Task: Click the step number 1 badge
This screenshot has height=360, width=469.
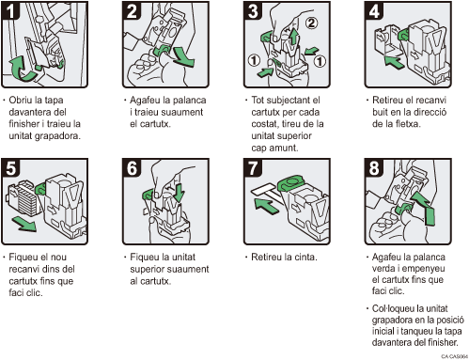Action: coord(10,10)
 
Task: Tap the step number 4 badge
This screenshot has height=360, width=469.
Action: coord(374,10)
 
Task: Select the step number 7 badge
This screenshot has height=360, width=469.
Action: coord(253,167)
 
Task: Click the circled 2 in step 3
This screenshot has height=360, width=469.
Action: coord(311,23)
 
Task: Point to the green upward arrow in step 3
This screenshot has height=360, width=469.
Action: coord(293,36)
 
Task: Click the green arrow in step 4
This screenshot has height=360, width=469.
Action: coord(394,61)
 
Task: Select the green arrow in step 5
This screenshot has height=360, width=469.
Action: coord(24,225)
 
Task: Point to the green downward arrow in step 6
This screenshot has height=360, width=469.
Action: coord(179,193)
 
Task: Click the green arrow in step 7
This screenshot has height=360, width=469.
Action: coord(266,206)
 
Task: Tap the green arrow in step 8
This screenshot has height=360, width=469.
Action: coord(424,208)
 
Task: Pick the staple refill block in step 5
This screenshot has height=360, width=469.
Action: coord(23,198)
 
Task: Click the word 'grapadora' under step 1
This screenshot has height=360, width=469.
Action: coord(60,136)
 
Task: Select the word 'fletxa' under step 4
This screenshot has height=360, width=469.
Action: coord(407,124)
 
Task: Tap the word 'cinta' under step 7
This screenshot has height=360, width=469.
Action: coord(305,257)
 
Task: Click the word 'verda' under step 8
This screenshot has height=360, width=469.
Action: coord(384,269)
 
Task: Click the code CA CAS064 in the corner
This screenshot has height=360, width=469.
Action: coord(454,356)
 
